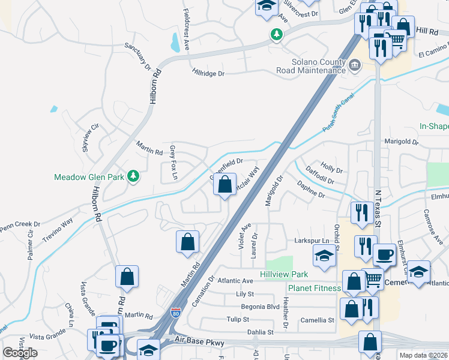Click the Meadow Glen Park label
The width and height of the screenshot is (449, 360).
pyautogui.click(x=89, y=177)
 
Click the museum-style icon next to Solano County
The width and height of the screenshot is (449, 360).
pyautogui.click(x=355, y=65)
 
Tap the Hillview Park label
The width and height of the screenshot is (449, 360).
pyautogui.click(x=284, y=274)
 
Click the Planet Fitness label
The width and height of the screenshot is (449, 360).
pyautogui.click(x=314, y=288)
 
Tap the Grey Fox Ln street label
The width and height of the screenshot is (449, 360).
pyautogui.click(x=173, y=162)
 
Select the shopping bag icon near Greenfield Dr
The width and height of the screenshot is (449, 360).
pyautogui.click(x=224, y=187)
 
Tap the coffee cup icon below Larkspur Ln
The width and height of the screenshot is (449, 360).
pyautogui.click(x=384, y=254)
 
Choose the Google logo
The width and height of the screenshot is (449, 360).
pyautogui.click(x=20, y=352)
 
